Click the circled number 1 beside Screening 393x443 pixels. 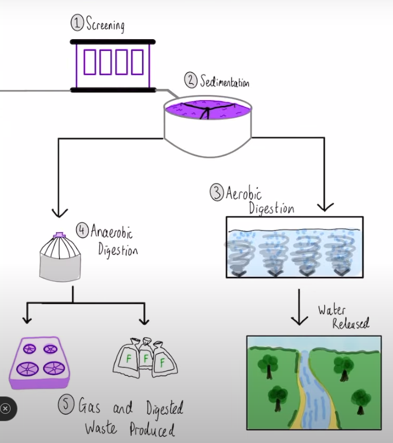(x=78, y=23)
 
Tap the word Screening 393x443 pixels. (x=106, y=25)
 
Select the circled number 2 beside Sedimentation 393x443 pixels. (x=190, y=81)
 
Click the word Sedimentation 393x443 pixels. (x=224, y=82)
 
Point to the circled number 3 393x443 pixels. (x=217, y=192)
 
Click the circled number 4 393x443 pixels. (x=83, y=230)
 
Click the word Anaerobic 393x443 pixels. (x=112, y=232)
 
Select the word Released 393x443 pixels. (x=351, y=324)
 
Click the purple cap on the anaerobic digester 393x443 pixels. (x=59, y=235)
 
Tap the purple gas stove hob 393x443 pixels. (x=40, y=362)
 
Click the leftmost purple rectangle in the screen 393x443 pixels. (x=90, y=62)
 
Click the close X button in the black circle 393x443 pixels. (x=5, y=409)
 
